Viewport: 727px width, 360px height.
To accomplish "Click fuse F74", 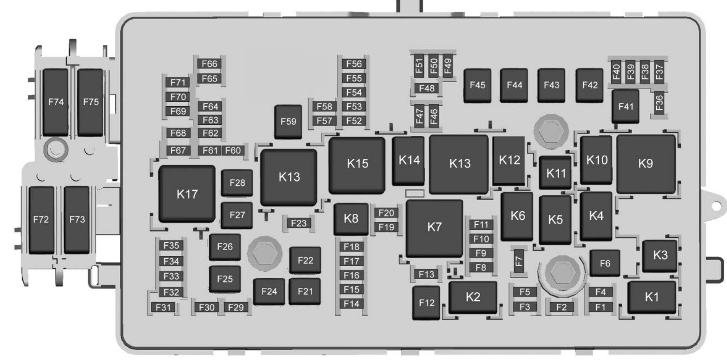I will coord(56,102).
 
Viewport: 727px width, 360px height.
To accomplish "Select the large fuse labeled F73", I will coord(77,220).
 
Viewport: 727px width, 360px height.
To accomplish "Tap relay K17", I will coord(187,194).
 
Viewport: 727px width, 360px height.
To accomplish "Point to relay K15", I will coord(357,164).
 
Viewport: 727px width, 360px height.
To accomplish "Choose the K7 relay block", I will coord(434,227).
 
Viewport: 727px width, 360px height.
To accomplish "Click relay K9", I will coord(645,164).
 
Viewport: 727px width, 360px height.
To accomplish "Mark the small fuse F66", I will coord(210,64).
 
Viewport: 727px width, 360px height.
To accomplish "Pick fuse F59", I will coord(288,122).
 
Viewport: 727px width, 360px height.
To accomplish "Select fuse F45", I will coord(477,85).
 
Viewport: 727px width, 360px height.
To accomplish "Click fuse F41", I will coord(625,107).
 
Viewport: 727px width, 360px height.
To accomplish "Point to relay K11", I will coord(555,173).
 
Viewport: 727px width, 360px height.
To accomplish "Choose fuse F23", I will coord(299,223).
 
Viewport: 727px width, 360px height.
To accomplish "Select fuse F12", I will coord(427,303).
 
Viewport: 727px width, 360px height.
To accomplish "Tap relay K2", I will coord(473,297).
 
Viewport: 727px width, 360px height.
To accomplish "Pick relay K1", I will coord(652,297).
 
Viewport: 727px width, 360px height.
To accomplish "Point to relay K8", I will coord(351,219).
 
